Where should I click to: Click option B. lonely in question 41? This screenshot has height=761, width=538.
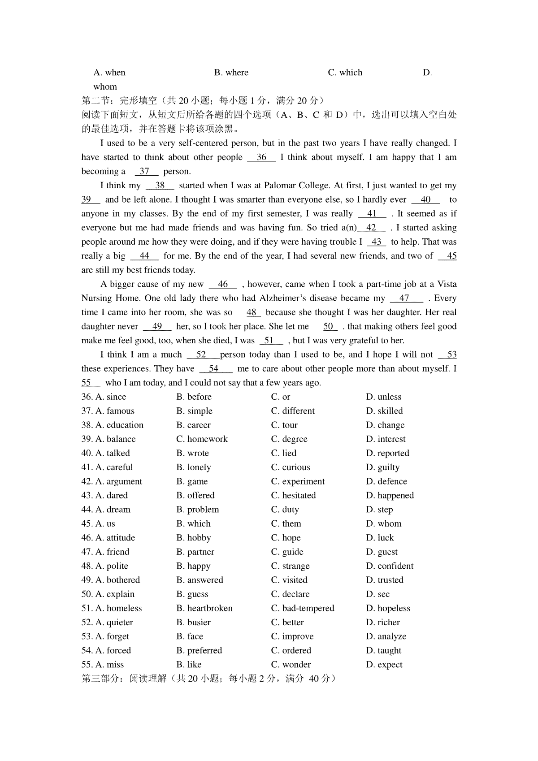pos(193,467)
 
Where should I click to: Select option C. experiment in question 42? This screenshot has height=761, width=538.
pos(298,481)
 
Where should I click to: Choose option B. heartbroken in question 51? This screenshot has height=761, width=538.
pos(204,608)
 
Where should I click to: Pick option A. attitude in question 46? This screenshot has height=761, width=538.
pos(115,538)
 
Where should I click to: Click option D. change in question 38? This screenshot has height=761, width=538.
pos(385,425)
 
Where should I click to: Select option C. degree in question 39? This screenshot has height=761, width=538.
pos(289,439)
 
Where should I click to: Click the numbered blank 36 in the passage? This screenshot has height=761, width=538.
pos(261,157)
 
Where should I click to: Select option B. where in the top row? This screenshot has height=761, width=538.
pos(231,73)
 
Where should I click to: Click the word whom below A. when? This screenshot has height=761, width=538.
pos(105,86)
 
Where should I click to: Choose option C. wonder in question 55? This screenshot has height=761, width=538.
pos(291,665)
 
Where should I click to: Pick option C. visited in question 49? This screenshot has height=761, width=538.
pos(289,580)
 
